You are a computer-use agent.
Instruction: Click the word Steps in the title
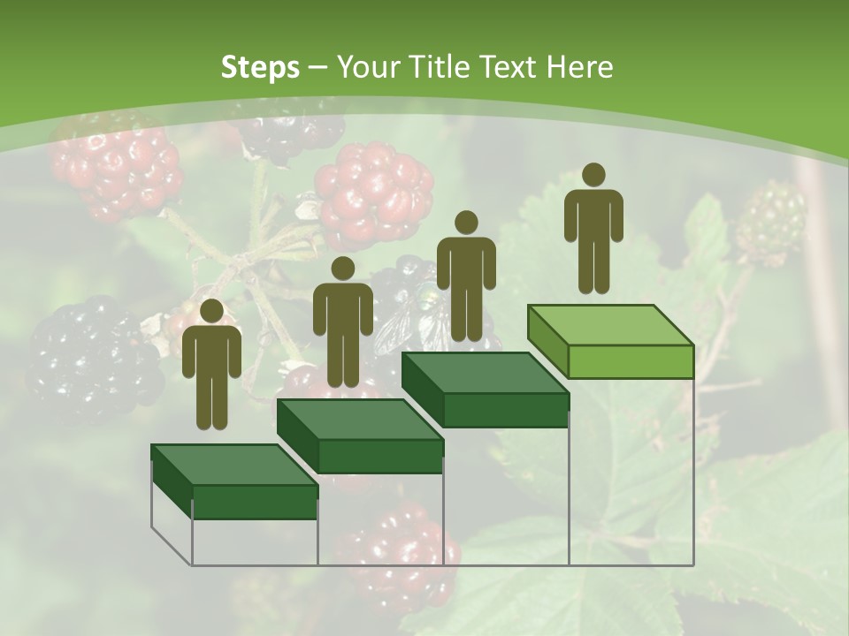[x=260, y=67]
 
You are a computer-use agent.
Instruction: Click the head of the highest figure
[x=593, y=175]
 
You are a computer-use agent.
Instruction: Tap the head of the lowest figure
[x=211, y=311]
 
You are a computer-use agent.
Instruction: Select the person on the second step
[x=342, y=322]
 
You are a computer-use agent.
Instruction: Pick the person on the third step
[x=466, y=276]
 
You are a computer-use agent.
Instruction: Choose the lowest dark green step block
[x=235, y=481]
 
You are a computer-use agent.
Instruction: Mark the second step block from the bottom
[x=361, y=436]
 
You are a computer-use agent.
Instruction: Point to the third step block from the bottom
[x=486, y=390]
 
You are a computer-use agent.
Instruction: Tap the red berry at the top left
[x=115, y=168]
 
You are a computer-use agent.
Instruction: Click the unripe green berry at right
[x=771, y=221]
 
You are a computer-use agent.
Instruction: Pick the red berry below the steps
[x=402, y=552]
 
